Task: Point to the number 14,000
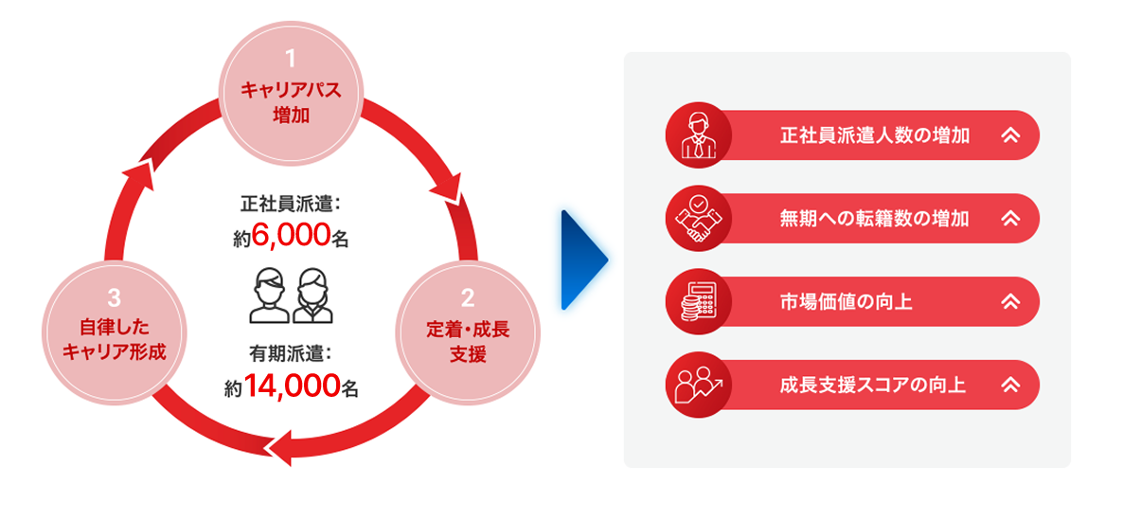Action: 293,386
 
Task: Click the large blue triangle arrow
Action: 582,260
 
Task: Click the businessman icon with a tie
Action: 696,135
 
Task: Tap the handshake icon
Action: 696,219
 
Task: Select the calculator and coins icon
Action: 696,302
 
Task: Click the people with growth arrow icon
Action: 696,386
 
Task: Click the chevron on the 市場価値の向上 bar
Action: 1010,302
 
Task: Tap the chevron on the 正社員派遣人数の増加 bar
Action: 1010,135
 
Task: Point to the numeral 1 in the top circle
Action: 291,63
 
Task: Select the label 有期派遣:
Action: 291,355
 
